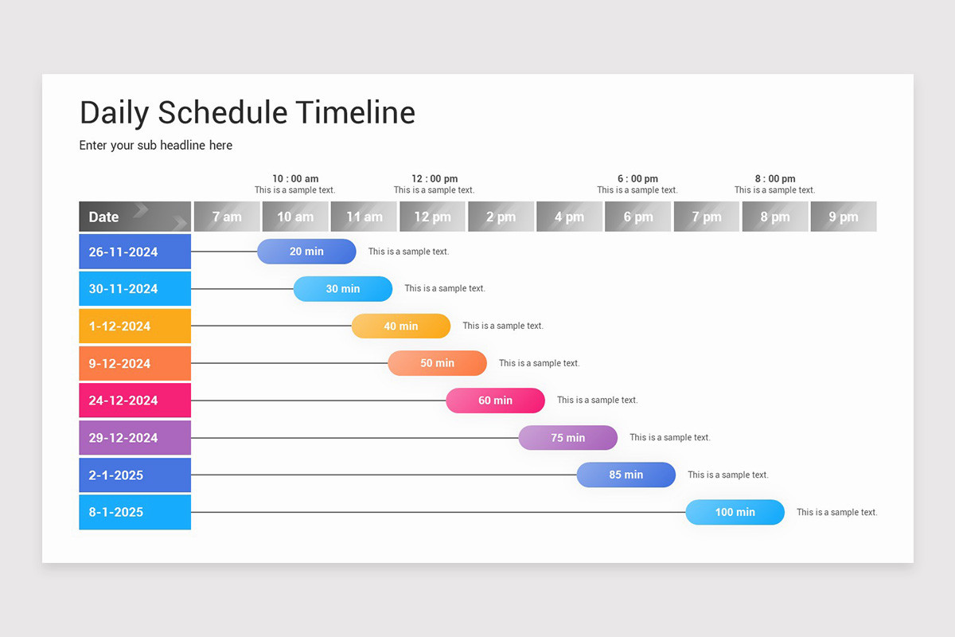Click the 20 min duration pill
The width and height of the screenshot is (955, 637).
click(306, 252)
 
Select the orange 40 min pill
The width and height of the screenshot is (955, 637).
click(401, 326)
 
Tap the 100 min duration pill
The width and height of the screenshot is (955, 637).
click(735, 512)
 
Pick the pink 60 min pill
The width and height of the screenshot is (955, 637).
click(495, 401)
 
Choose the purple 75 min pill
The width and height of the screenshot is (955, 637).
click(567, 438)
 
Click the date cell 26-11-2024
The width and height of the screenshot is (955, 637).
click(134, 252)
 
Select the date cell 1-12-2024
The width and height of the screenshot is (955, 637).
click(134, 326)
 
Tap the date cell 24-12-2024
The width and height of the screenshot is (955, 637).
click(134, 401)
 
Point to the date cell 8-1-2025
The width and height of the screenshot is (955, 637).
click(134, 512)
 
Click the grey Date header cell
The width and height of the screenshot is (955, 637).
click(134, 217)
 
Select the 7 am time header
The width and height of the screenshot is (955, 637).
click(227, 217)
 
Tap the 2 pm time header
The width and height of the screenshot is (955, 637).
click(501, 217)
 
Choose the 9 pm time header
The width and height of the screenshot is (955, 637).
click(844, 217)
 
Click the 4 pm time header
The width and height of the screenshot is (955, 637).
click(569, 217)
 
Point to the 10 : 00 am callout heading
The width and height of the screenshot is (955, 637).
click(295, 179)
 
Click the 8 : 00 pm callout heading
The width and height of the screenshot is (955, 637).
click(775, 179)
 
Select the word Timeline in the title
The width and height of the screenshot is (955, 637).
click(355, 113)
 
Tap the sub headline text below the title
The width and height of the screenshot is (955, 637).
click(156, 146)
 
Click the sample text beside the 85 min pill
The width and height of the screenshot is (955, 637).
click(728, 475)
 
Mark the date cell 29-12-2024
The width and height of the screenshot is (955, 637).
click(134, 438)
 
